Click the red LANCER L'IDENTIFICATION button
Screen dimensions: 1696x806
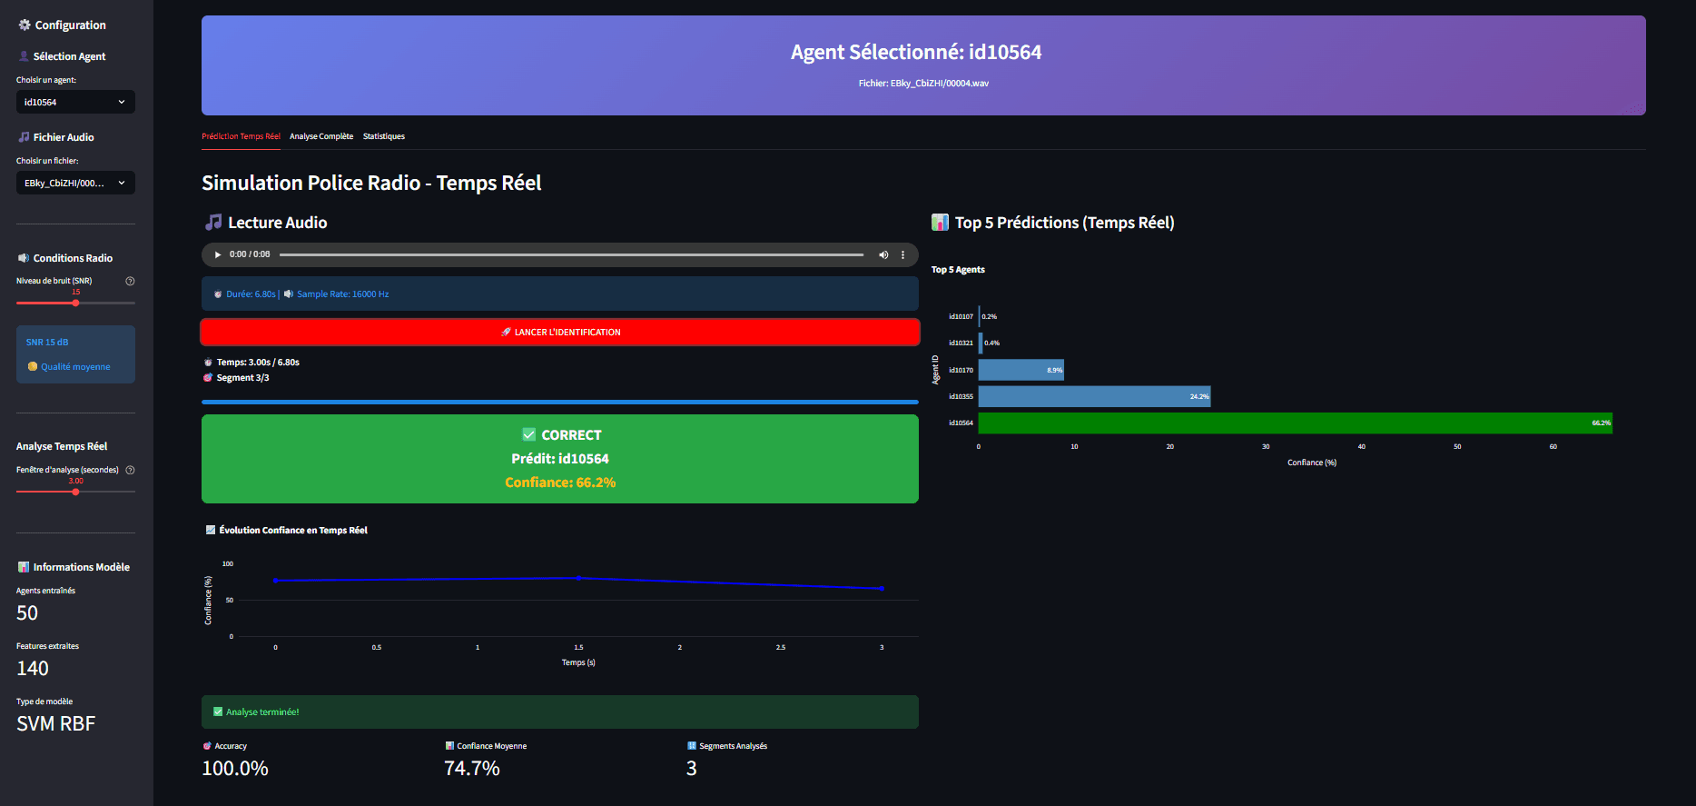tap(559, 332)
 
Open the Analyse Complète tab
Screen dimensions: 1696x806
tap(321, 136)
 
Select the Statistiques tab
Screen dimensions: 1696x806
tap(384, 136)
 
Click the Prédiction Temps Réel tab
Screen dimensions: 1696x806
tap(241, 136)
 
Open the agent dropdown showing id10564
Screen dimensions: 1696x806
tap(75, 102)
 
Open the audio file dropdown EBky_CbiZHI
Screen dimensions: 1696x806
tap(75, 183)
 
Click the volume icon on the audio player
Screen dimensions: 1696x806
tap(883, 254)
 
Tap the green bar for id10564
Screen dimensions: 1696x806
tap(1295, 423)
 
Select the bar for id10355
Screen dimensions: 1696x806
tap(1094, 396)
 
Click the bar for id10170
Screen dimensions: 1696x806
tap(1021, 370)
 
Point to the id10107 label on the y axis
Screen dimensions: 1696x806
tap(961, 317)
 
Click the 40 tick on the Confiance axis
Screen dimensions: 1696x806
tap(1361, 447)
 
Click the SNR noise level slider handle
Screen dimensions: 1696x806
tap(75, 303)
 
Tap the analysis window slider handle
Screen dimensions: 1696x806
tap(75, 492)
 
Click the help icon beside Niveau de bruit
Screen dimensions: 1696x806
tap(130, 281)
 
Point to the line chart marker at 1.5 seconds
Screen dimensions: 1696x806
tap(578, 578)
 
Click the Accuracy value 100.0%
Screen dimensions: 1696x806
tap(235, 769)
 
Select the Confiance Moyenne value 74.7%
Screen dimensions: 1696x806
tap(472, 769)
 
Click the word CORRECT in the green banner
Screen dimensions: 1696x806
tap(571, 435)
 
